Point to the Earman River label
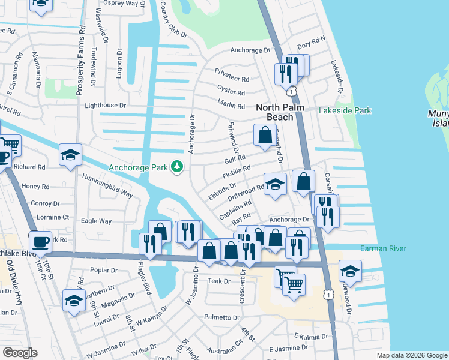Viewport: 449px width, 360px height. coord(383,248)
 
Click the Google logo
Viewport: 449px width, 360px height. coord(19,352)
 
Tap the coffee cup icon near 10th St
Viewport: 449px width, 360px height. coord(40,242)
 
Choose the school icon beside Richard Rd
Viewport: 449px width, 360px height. coord(70,155)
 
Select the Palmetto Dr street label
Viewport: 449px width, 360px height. coord(221,317)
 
